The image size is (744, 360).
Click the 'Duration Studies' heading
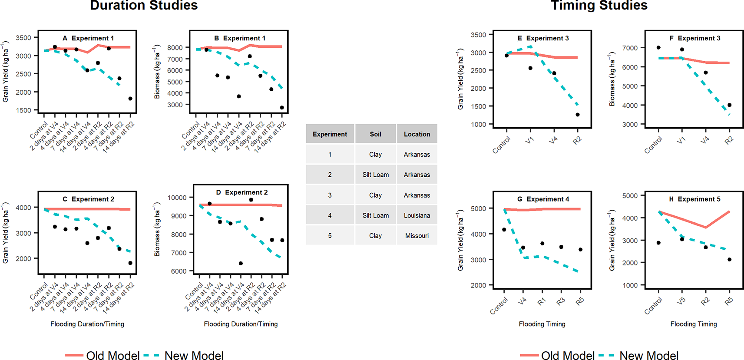click(x=144, y=6)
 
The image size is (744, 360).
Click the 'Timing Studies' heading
click(x=599, y=6)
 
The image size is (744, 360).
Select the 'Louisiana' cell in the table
click(x=417, y=215)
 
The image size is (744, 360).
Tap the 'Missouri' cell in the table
click(x=417, y=236)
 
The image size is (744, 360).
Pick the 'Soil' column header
click(x=375, y=134)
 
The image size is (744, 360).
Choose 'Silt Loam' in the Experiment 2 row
click(x=375, y=175)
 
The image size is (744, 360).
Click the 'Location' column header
click(x=417, y=134)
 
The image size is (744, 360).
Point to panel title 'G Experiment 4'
click(x=543, y=199)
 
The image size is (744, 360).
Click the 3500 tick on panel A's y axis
click(x=23, y=38)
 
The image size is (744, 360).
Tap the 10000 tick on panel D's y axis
click(x=177, y=198)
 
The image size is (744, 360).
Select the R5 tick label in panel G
click(x=580, y=301)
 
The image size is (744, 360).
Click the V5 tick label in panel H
click(x=681, y=301)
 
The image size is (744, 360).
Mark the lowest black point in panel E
click(x=578, y=115)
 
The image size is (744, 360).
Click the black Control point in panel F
click(x=658, y=48)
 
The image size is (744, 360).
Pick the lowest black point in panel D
click(x=241, y=263)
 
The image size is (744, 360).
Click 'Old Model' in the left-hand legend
click(x=113, y=355)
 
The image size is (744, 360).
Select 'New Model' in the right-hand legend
click(x=648, y=355)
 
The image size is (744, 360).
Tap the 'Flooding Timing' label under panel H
click(x=693, y=324)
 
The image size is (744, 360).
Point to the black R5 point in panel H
click(x=729, y=260)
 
